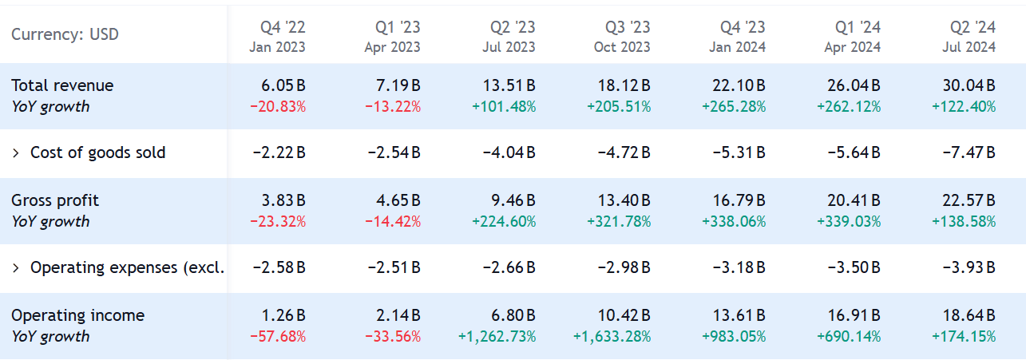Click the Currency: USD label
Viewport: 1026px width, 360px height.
tap(65, 35)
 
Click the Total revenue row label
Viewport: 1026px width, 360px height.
tap(62, 85)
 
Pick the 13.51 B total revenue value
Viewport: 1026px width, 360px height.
tap(509, 85)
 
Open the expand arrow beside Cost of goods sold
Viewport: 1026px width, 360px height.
tap(16, 152)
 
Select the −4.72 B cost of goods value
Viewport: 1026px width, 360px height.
tap(624, 152)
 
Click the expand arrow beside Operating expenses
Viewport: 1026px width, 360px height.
tap(16, 267)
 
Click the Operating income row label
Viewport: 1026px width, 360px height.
tap(78, 315)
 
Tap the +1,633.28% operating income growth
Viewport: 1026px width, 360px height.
tap(612, 336)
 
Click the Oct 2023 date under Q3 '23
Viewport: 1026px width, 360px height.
tap(622, 47)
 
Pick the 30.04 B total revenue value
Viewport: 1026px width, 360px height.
tap(969, 85)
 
